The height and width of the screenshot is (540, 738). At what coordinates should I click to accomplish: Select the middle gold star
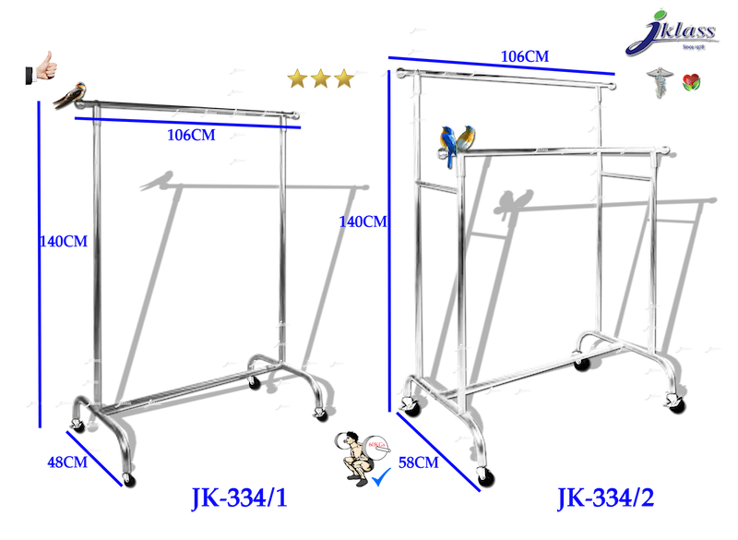pyautogui.click(x=321, y=79)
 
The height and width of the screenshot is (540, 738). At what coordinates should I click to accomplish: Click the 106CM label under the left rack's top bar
pyautogui.click(x=192, y=135)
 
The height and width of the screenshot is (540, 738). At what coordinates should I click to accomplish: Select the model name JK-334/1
pyautogui.click(x=239, y=498)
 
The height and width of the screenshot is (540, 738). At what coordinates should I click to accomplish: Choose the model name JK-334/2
pyautogui.click(x=606, y=498)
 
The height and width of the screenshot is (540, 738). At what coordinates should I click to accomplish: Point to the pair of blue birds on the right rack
pyautogui.click(x=458, y=143)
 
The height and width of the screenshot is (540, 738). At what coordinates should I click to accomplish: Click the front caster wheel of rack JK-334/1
pyautogui.click(x=128, y=480)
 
